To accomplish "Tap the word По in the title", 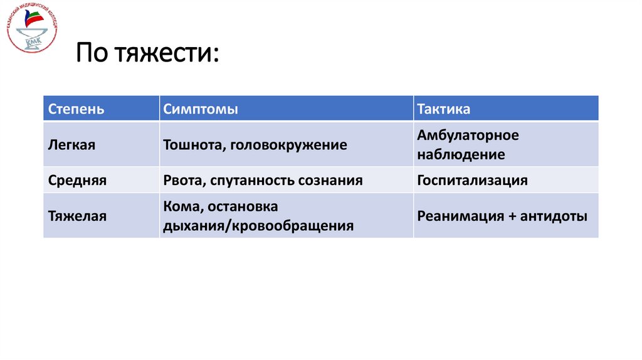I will point(93,52).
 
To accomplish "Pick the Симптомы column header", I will point(200,109).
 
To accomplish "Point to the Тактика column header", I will point(443,109).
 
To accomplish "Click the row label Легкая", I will point(71,145).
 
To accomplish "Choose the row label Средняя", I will point(77,181).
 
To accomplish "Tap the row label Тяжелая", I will point(77,216).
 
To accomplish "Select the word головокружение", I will point(288,145).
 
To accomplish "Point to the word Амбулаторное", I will point(468,135).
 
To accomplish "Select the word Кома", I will point(181,206).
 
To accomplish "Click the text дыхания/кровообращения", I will point(258,226).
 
